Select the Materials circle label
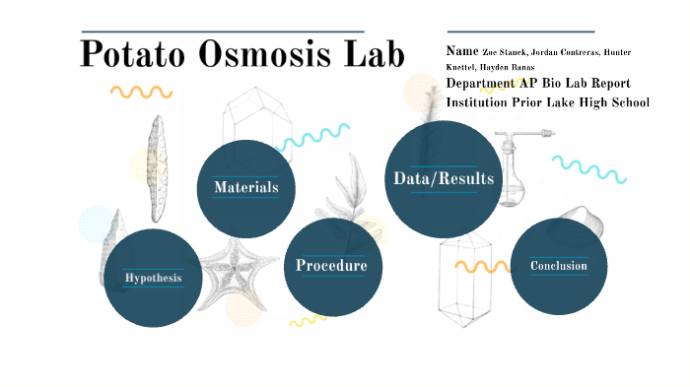click(246, 187)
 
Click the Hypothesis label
click(153, 278)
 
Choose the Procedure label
click(332, 266)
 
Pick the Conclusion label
click(558, 266)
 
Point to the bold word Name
click(461, 50)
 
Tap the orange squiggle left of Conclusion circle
click(481, 266)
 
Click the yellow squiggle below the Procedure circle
click(307, 320)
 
